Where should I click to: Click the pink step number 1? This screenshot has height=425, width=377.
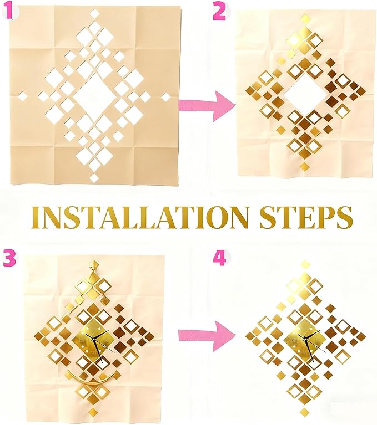pos(8,12)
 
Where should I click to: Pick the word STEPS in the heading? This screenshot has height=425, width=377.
pos(305,217)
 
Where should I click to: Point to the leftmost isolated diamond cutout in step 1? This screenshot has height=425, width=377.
pos(23,96)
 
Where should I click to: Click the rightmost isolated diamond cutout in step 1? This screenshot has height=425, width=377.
pos(166,96)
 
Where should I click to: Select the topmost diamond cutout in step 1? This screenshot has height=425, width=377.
pos(94,13)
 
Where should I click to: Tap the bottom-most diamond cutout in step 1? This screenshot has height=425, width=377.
pos(94,178)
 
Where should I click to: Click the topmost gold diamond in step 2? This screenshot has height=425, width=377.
pos(305,20)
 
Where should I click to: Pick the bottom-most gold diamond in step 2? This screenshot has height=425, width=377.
pos(304,166)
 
